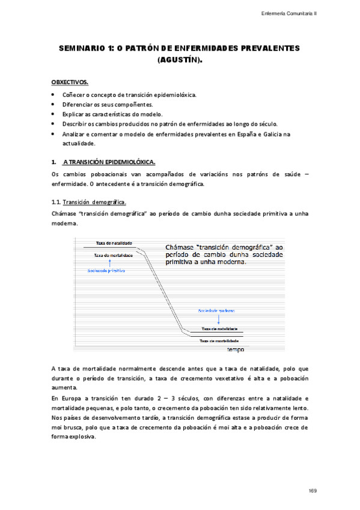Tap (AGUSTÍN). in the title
click(180, 60)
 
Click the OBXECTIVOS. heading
click(70, 81)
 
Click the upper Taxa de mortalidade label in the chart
click(114, 255)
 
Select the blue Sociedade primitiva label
click(106, 271)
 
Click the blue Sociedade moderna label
click(216, 310)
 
